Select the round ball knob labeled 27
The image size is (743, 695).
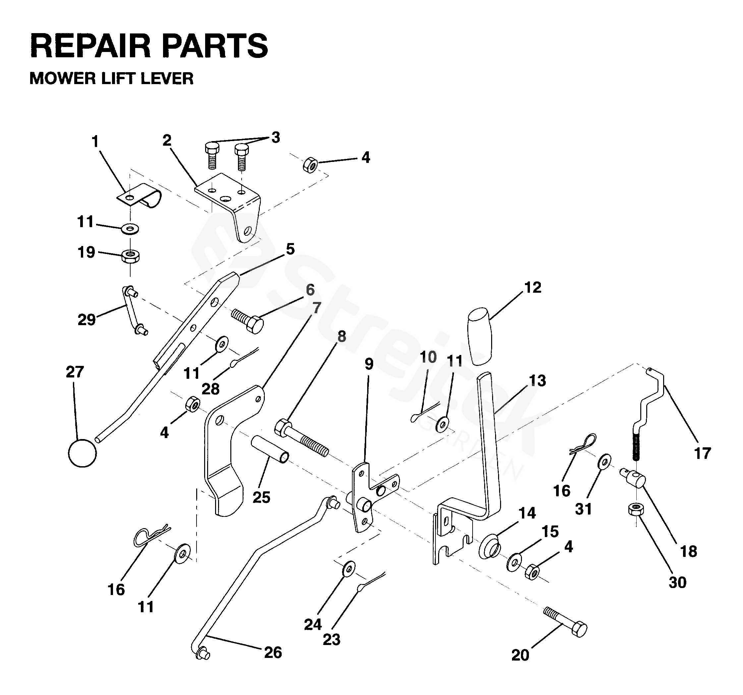click(x=82, y=453)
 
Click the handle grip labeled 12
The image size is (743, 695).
click(x=480, y=336)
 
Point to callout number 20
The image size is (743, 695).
click(x=520, y=655)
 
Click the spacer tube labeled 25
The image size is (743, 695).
click(x=269, y=449)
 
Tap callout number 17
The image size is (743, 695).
click(x=702, y=454)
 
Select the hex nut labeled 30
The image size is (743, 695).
click(x=635, y=509)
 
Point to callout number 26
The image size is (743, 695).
click(x=273, y=652)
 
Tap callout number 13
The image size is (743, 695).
click(x=538, y=381)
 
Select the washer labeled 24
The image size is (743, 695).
click(x=349, y=569)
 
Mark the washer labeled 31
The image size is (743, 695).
click(x=605, y=462)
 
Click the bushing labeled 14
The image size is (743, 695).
click(x=488, y=547)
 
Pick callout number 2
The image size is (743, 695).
click(x=167, y=140)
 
